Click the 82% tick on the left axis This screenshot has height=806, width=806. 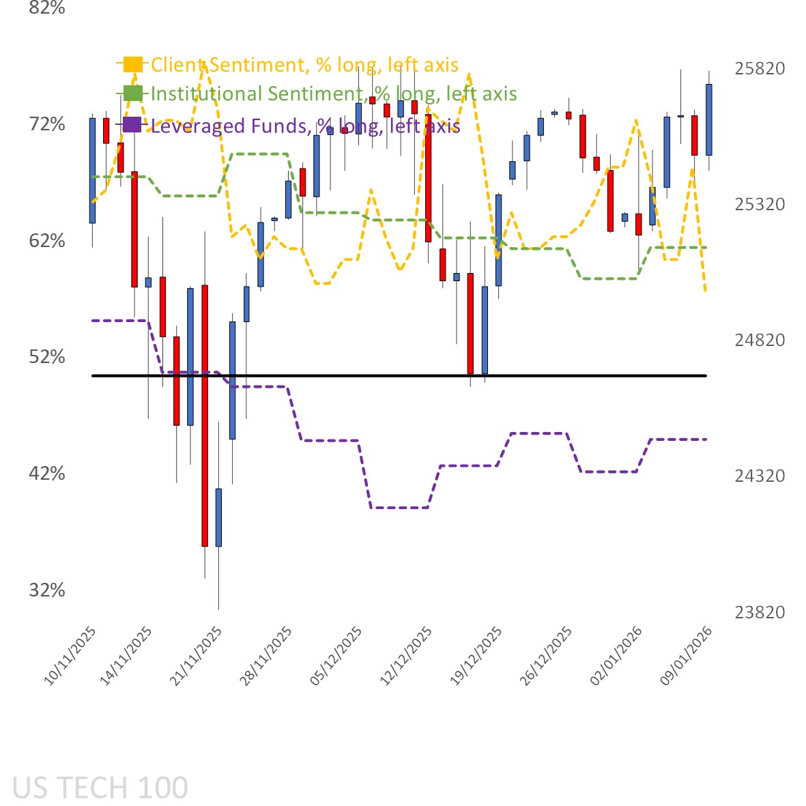click(47, 8)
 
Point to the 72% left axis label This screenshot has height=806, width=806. click(47, 124)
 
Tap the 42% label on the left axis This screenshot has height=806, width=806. click(47, 474)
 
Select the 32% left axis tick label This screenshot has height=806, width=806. click(47, 590)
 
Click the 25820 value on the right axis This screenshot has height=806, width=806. click(760, 68)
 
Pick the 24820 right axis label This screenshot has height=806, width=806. click(760, 340)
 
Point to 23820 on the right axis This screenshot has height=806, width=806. click(760, 612)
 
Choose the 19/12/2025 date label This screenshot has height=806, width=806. click(477, 656)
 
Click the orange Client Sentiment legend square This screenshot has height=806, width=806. click(132, 64)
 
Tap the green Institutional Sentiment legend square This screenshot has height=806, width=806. click(132, 93)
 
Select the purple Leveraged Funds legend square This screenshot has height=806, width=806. click(132, 125)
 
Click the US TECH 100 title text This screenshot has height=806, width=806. click(100, 788)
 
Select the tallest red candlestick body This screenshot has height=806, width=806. click(205, 416)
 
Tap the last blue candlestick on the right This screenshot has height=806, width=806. click(709, 119)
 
